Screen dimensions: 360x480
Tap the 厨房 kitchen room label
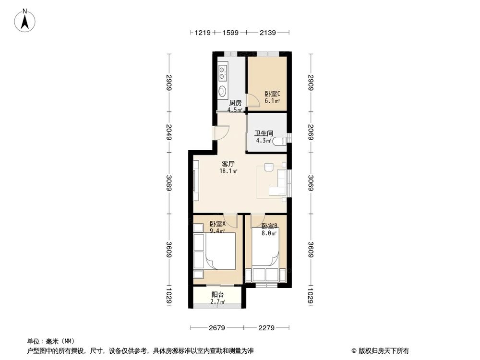coord(235,102)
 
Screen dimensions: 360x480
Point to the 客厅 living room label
coord(228,164)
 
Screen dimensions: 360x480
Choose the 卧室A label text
coord(217,224)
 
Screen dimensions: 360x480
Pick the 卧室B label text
coord(269,226)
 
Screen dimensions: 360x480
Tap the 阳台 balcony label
coord(217,295)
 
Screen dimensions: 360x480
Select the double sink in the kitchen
coord(223,72)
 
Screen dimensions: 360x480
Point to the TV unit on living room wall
coord(196,183)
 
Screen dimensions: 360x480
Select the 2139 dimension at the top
coord(268,33)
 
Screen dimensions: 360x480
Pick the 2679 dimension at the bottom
coord(217,328)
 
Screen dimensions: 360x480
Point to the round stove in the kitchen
coord(223,91)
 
